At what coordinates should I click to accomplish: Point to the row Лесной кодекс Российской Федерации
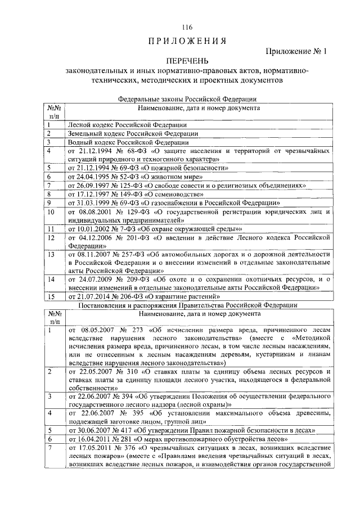(x=127, y=124)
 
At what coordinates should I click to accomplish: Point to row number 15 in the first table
(x=52, y=296)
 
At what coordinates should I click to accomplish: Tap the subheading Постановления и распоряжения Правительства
(x=187, y=305)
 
